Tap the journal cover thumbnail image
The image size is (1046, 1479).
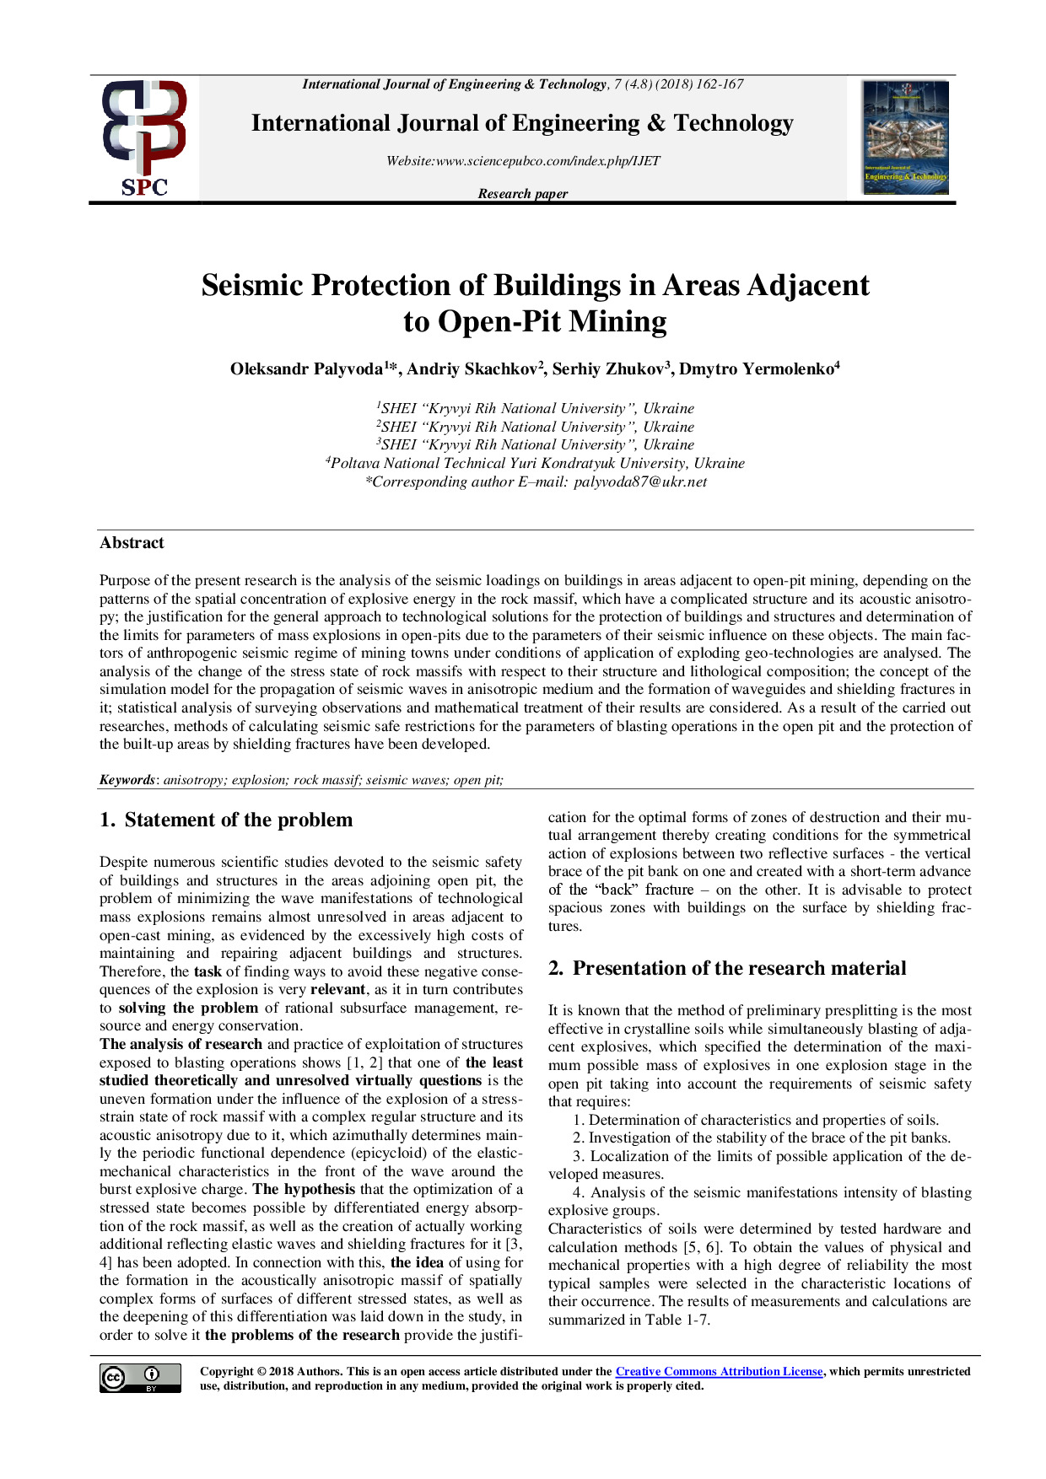pos(905,137)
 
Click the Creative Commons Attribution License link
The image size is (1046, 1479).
pos(719,1372)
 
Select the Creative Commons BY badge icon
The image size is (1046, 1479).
pos(140,1378)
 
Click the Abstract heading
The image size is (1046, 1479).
pos(132,543)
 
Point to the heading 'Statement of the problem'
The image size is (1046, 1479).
pos(238,820)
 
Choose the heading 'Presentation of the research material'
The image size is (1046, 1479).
pos(739,969)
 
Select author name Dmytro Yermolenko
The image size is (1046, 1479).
pos(756,369)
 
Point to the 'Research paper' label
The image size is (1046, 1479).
pos(522,194)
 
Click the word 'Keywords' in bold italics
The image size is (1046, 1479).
pos(127,780)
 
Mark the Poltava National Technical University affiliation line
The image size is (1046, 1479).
pos(536,464)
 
